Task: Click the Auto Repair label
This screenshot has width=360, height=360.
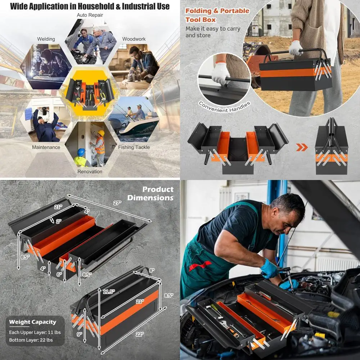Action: (90, 15)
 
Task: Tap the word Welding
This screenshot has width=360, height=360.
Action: (46, 39)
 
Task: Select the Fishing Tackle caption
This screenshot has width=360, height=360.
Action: (134, 147)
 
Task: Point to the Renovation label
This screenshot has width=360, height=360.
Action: (90, 171)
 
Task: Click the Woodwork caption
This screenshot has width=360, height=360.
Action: (134, 39)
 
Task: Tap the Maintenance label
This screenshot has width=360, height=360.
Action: (46, 147)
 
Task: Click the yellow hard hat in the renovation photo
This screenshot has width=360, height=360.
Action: (101, 133)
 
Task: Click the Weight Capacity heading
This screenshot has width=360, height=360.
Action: (32, 322)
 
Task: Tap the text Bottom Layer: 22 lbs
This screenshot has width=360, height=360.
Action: (31, 340)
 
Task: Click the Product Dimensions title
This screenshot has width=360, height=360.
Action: (150, 193)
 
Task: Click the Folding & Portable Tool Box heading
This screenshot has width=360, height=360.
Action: (217, 15)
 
